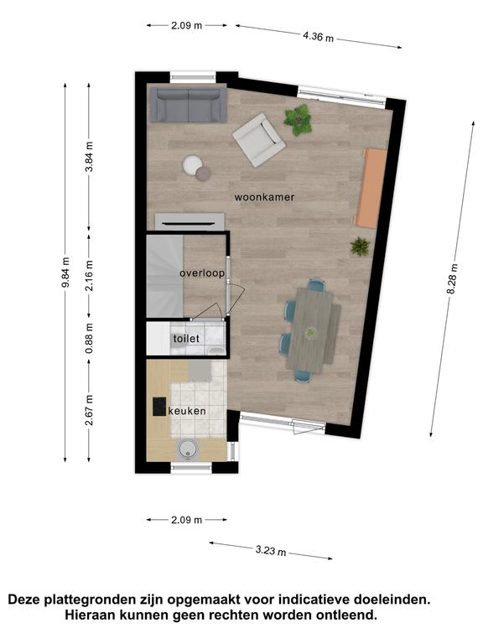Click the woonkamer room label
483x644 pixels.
264,197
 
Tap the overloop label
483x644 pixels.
202,273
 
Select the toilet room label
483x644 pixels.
186,339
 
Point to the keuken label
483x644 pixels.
187,411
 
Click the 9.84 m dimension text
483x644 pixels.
65,272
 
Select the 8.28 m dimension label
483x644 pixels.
452,279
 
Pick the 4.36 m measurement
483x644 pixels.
319,37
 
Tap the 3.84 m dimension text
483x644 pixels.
89,157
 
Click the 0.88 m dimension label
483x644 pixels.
89,338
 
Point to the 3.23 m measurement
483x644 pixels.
271,550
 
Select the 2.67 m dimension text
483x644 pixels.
89,410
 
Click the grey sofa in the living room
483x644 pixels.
189,105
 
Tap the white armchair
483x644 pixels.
259,140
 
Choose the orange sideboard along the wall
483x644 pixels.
371,188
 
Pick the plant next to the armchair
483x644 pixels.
299,120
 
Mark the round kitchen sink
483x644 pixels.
189,449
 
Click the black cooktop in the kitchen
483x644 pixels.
160,406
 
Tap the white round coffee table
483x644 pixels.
192,164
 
